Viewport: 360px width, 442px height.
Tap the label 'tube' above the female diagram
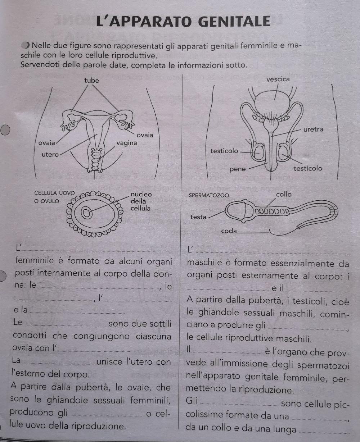click(x=91, y=81)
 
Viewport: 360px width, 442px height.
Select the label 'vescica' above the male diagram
click(x=278, y=79)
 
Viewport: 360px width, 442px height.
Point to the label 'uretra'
click(x=313, y=129)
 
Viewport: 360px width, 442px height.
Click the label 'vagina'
click(x=127, y=143)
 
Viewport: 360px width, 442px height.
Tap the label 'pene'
click(x=237, y=168)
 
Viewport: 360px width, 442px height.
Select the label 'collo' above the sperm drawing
click(x=284, y=195)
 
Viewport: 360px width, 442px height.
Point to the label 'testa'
click(x=198, y=217)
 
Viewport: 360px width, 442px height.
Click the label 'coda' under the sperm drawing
click(x=229, y=231)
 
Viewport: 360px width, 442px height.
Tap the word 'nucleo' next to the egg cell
click(x=141, y=195)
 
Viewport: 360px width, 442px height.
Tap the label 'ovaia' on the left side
click(x=47, y=143)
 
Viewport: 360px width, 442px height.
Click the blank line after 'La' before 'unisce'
click(x=58, y=363)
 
